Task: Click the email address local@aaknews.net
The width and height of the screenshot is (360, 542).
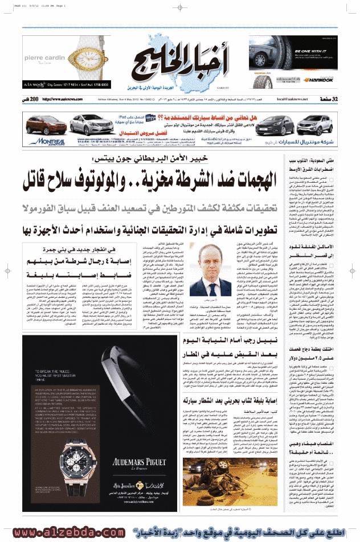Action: point(292,99)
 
